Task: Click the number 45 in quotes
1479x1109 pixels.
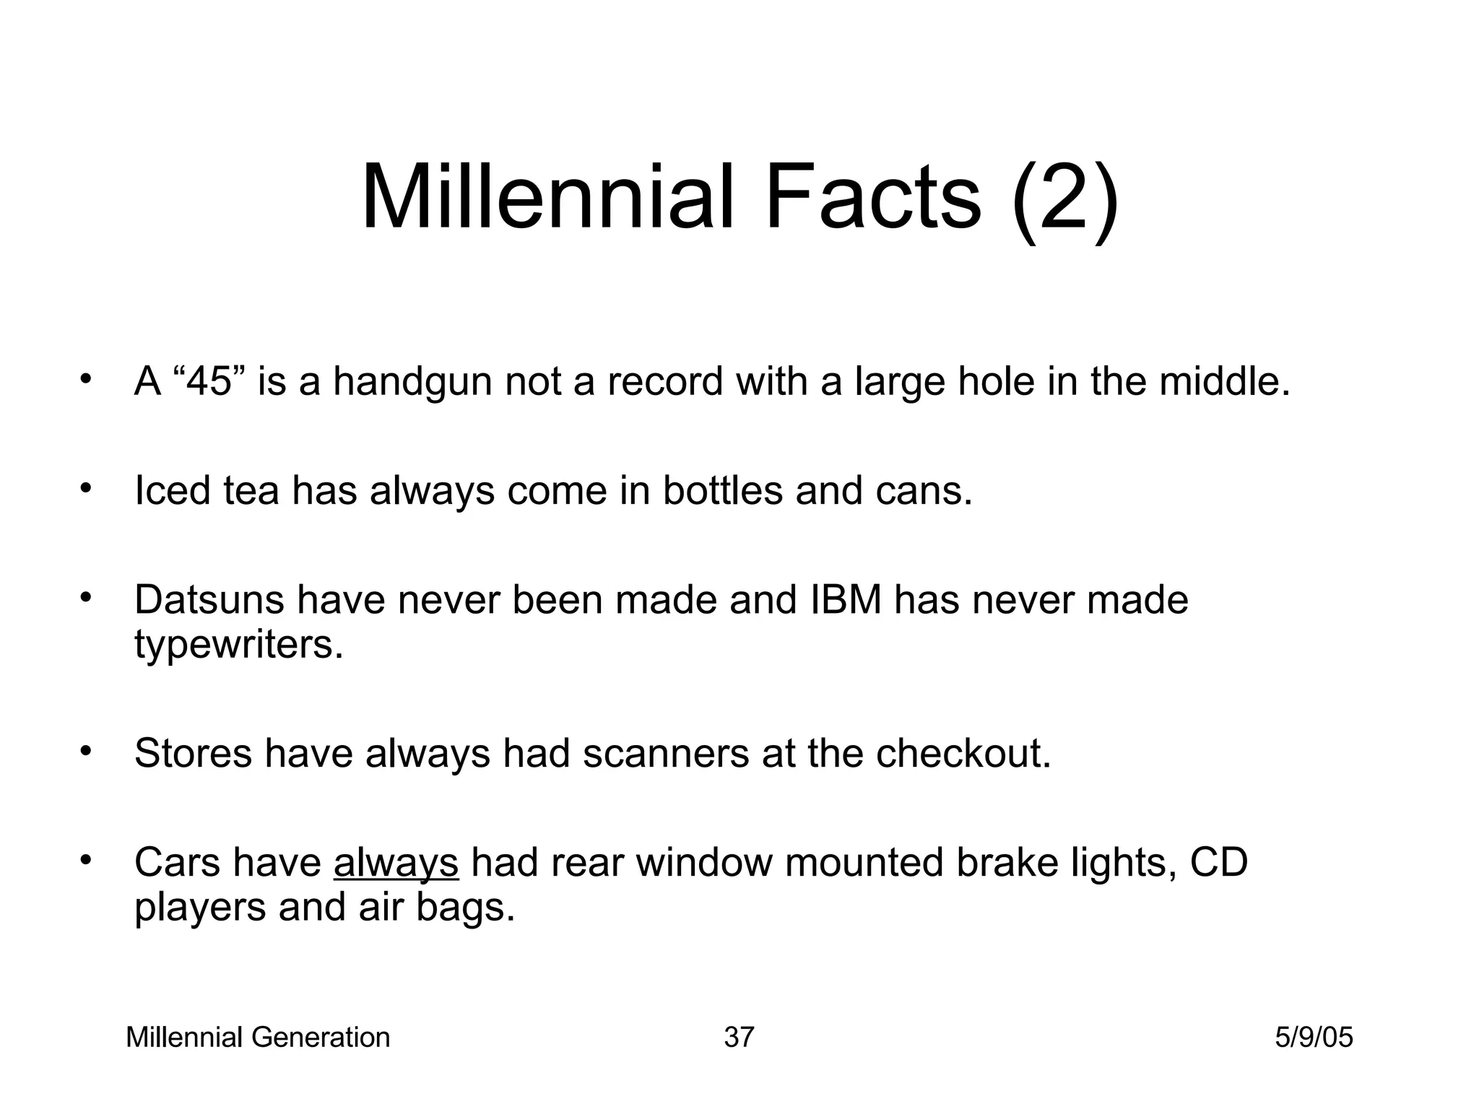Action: tap(211, 381)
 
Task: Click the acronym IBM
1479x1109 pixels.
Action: tap(846, 600)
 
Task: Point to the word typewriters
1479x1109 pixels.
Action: tap(238, 645)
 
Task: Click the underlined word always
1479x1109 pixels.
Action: tap(396, 864)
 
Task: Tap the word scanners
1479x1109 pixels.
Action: tap(665, 753)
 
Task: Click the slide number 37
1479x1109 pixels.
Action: tap(739, 1038)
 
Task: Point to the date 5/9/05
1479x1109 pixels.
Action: tap(1314, 1038)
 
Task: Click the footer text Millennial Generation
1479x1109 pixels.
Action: tap(258, 1038)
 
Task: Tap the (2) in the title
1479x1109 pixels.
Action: tap(1066, 197)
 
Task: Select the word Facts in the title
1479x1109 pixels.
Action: tap(872, 197)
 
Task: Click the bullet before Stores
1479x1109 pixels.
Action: tap(86, 752)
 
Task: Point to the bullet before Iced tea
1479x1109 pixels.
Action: tap(86, 489)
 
